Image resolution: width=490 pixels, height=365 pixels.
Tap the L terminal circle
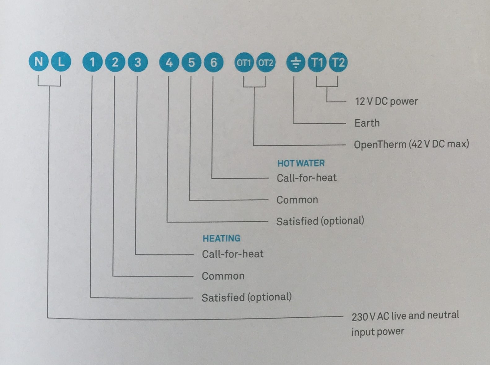click(x=61, y=62)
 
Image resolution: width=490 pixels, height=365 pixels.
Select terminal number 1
click(x=92, y=62)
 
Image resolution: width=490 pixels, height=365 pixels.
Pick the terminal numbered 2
click(x=115, y=62)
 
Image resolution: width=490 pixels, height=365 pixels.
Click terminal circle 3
click(x=138, y=62)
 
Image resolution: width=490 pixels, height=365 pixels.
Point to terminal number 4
click(x=169, y=62)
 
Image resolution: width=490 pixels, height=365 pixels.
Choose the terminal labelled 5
click(x=191, y=62)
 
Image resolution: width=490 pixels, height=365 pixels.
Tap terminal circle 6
click(x=213, y=62)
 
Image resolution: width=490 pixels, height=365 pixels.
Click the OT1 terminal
click(x=244, y=63)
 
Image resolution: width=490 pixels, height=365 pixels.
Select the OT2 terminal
click(x=266, y=63)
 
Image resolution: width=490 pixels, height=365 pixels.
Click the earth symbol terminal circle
click(x=296, y=63)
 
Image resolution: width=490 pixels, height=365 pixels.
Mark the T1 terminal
click(x=317, y=63)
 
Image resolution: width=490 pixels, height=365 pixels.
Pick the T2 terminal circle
click(x=338, y=63)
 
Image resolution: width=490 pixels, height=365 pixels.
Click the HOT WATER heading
click(x=301, y=163)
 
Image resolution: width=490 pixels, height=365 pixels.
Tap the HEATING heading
click(x=221, y=238)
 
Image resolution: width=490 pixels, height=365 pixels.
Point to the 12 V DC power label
click(x=386, y=101)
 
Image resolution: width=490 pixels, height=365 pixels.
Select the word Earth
click(x=367, y=123)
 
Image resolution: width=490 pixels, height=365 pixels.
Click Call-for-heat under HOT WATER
click(x=306, y=178)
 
